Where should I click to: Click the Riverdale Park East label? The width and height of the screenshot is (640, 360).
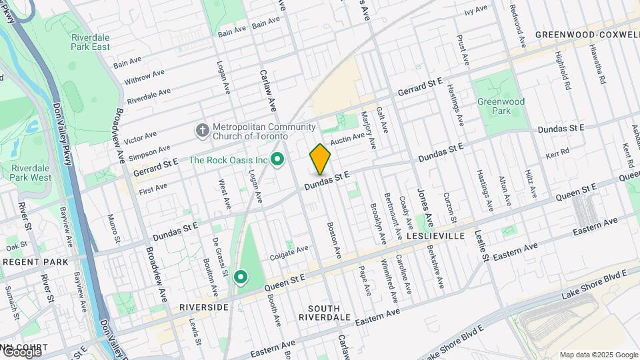91,42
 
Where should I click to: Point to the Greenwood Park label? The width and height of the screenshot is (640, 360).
501,107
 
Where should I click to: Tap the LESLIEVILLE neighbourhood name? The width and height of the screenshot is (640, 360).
433,236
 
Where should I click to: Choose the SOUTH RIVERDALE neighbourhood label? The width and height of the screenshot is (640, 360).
324,313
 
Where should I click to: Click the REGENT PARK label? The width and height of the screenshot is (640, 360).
35,262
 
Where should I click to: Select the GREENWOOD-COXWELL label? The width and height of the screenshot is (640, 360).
587,35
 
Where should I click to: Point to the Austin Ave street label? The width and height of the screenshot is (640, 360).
348,138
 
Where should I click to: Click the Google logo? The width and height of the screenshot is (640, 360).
21,352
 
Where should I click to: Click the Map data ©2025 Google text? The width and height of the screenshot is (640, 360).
598,355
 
